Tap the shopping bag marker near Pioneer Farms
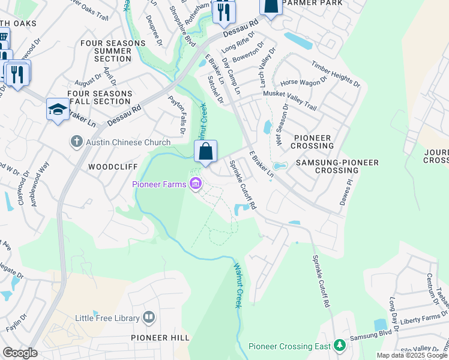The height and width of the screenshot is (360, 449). pyautogui.click(x=205, y=152)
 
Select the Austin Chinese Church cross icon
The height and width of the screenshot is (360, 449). pyautogui.click(x=76, y=142)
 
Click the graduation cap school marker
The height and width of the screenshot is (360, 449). pyautogui.click(x=58, y=109)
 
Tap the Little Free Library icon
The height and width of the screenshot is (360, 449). pyautogui.click(x=149, y=317)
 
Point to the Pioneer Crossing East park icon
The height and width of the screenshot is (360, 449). pyautogui.click(x=340, y=346)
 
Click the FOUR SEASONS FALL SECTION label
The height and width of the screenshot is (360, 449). pyautogui.click(x=100, y=98)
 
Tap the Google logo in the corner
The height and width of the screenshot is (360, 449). pyautogui.click(x=19, y=353)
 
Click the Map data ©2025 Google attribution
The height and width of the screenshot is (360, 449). pyautogui.click(x=412, y=355)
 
